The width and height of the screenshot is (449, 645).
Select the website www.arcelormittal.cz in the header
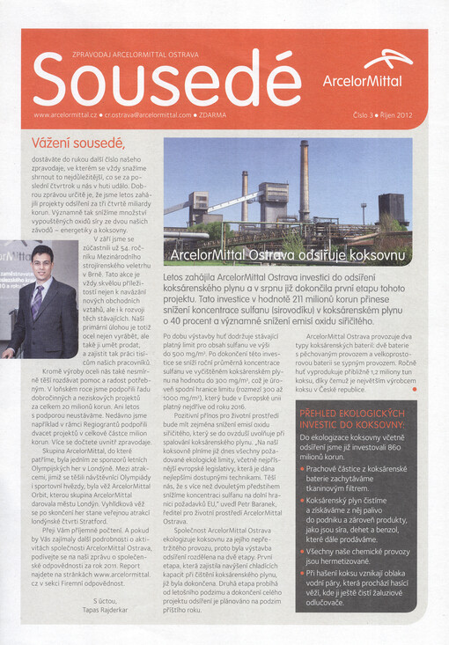65,114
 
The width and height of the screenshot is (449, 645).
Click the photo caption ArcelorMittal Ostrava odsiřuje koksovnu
291,256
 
